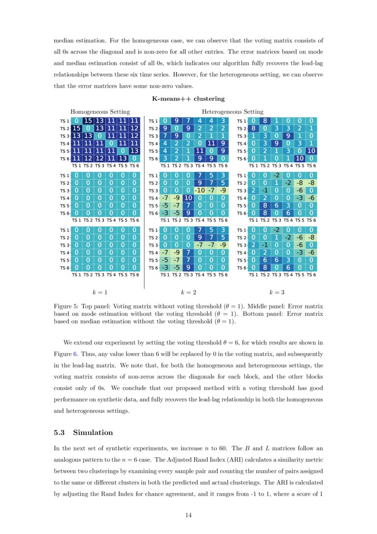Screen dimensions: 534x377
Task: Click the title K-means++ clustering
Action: [188, 99]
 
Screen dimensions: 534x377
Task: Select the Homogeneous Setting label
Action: [100, 111]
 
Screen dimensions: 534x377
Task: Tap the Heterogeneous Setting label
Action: [232, 111]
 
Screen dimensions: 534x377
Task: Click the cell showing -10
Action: [200, 190]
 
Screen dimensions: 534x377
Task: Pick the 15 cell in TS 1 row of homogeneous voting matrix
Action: [88, 121]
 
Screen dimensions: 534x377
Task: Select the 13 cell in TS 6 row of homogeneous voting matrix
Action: [123, 159]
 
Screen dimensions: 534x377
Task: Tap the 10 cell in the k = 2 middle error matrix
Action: [188, 198]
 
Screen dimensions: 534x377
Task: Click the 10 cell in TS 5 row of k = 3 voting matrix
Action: [311, 151]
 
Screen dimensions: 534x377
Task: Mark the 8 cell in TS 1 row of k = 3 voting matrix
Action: [265, 121]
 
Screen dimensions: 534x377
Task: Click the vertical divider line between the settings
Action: [145, 201]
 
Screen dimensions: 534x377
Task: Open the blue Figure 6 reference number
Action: [77, 354]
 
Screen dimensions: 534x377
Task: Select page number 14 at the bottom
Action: [188, 515]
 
